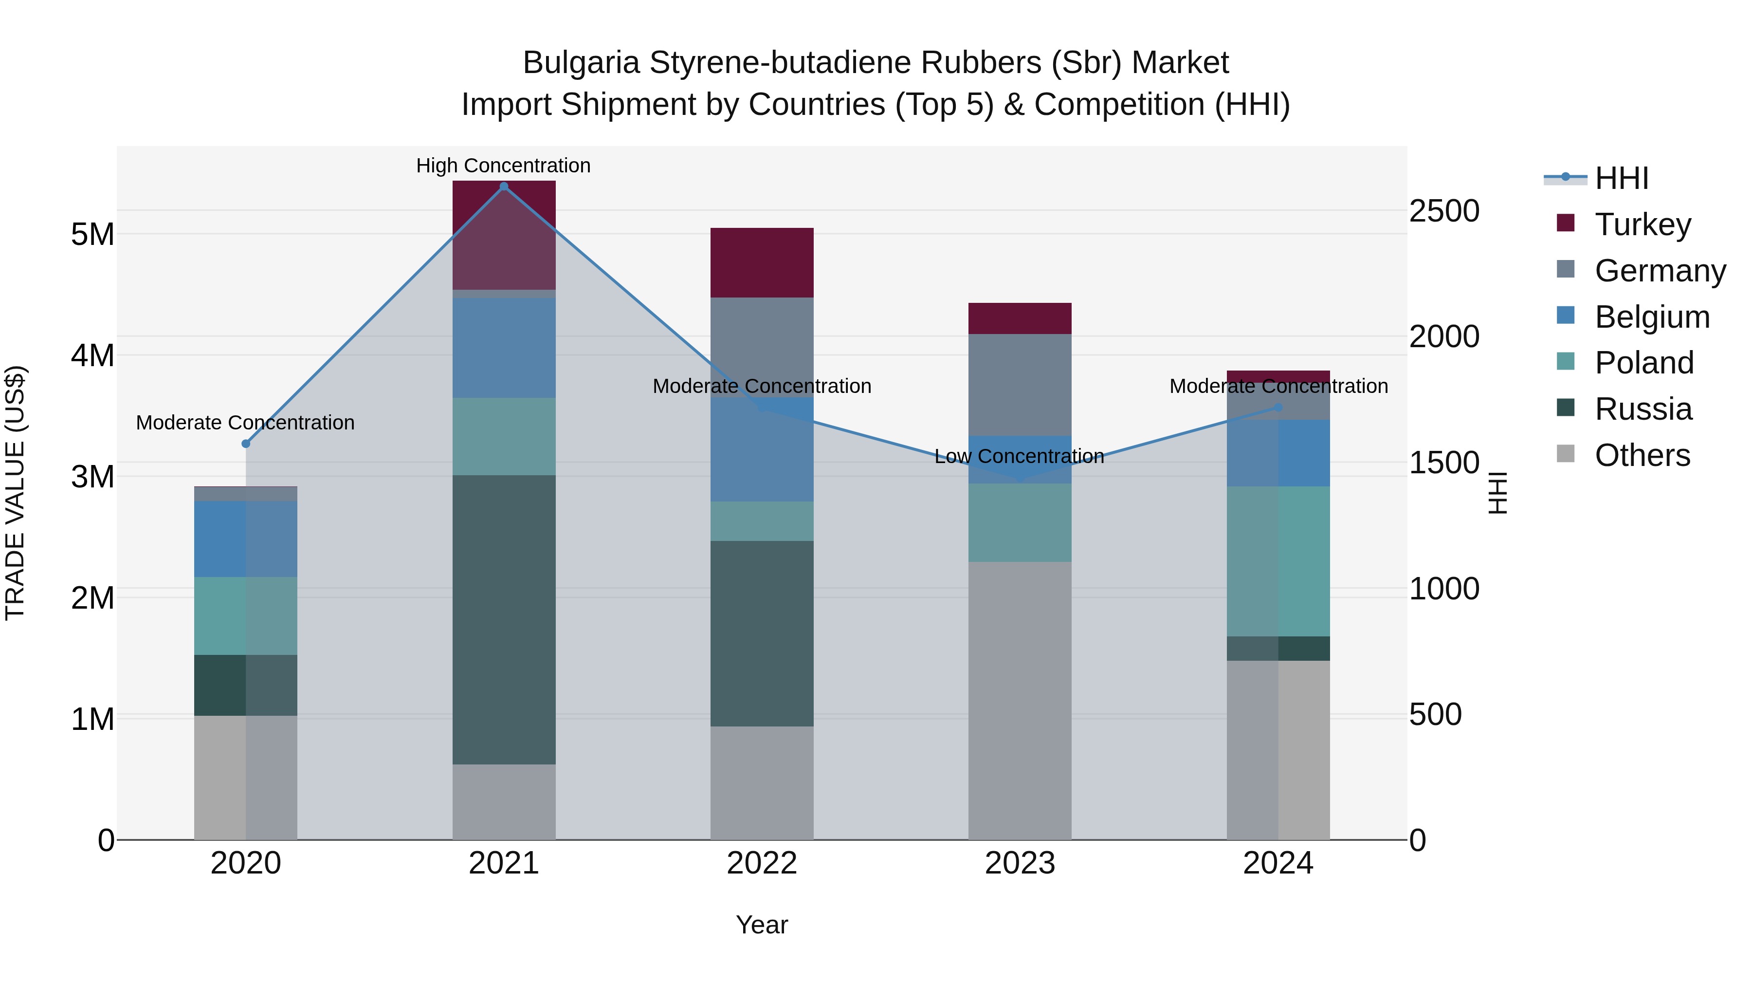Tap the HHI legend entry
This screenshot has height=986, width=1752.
click(1621, 178)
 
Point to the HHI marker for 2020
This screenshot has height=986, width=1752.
click(246, 444)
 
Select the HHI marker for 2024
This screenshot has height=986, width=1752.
click(1278, 408)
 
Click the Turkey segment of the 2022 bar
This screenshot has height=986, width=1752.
click(762, 262)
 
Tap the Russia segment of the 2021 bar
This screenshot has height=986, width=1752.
click(504, 619)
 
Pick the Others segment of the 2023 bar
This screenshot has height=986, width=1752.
click(1020, 701)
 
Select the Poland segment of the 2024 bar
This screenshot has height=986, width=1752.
click(1278, 561)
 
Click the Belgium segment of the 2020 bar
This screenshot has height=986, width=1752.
click(246, 539)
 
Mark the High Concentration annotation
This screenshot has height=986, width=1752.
click(503, 166)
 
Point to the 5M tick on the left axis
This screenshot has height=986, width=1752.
click(92, 234)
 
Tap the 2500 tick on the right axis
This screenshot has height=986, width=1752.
click(1443, 211)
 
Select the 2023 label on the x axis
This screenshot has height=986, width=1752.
click(1020, 863)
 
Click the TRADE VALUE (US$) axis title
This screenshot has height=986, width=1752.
click(15, 493)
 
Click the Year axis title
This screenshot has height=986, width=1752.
click(762, 925)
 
